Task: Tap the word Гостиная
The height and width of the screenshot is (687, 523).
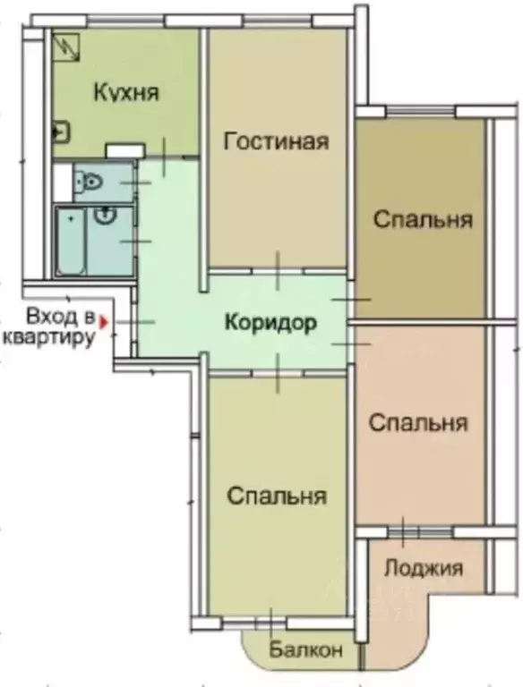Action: pyautogui.click(x=277, y=141)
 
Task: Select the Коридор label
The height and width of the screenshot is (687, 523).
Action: pyautogui.click(x=270, y=323)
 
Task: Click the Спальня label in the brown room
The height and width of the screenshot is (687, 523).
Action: pyautogui.click(x=423, y=219)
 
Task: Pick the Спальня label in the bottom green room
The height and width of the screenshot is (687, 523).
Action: pyautogui.click(x=276, y=496)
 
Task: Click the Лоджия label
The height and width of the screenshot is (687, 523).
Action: pyautogui.click(x=423, y=568)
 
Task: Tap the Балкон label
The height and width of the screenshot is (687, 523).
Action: pyautogui.click(x=306, y=650)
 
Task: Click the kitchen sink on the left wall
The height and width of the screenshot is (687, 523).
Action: pyautogui.click(x=60, y=132)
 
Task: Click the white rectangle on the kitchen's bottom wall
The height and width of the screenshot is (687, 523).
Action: pyautogui.click(x=124, y=149)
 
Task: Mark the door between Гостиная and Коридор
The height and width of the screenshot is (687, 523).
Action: pyautogui.click(x=278, y=270)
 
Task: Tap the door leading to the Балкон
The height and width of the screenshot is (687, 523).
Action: pyautogui.click(x=270, y=620)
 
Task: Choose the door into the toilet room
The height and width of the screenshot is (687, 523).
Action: pyautogui.click(x=135, y=182)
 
